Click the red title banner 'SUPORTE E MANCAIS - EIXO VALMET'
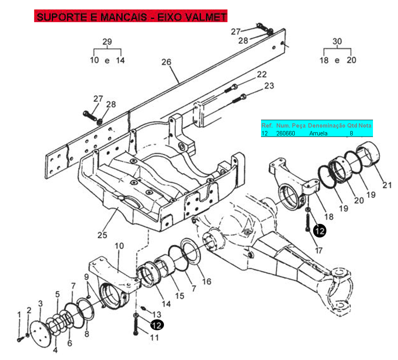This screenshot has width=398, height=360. pos(131,16)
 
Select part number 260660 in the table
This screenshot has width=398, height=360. pos(286,133)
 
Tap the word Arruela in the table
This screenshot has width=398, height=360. pos(318,133)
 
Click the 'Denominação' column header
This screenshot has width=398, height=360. pos(326,126)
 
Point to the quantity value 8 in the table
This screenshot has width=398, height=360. pos(351,133)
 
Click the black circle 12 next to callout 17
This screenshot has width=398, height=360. pos(320,231)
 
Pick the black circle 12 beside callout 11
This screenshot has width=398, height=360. pos(157,325)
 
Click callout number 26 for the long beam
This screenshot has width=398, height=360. pos(166,62)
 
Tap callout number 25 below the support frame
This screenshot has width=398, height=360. pos(102,235)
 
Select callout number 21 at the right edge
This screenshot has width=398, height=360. pos(387,185)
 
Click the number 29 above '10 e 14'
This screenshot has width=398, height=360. pos(107,41)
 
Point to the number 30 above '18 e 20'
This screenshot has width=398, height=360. pos(337,41)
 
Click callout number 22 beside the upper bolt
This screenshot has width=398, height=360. pos(262,74)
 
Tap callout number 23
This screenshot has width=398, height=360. pos(269,86)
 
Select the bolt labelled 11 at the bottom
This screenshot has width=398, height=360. pos(136,326)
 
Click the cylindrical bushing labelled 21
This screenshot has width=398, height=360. pos(369,154)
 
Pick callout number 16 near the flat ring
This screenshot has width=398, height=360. pos(207,282)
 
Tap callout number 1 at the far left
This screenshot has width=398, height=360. pos(19,315)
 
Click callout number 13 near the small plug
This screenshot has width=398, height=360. pos(157,315)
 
